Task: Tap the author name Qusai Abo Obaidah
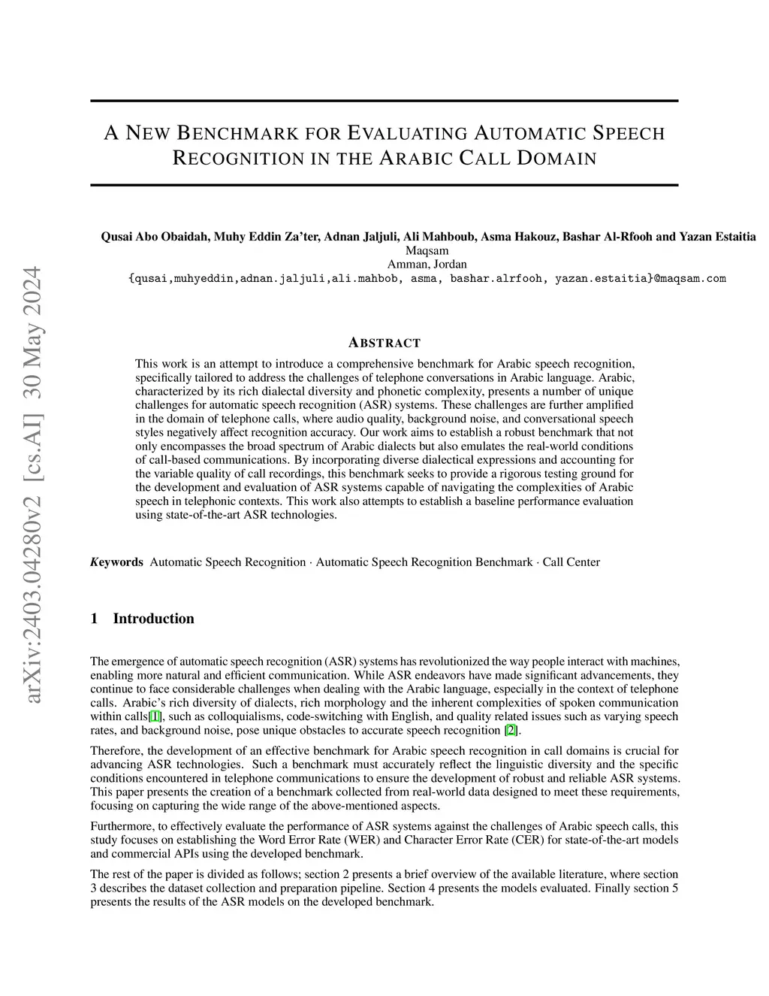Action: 155,237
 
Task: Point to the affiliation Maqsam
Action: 427,250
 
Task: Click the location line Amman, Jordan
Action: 427,264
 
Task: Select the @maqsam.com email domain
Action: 690,278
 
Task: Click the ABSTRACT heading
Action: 384,344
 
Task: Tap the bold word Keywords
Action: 116,562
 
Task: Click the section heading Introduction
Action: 153,619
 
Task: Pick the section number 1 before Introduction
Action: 94,619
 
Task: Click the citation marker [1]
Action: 155,716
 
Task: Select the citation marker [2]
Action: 511,729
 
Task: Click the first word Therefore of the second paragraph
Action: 116,750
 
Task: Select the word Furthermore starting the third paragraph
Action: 120,826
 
